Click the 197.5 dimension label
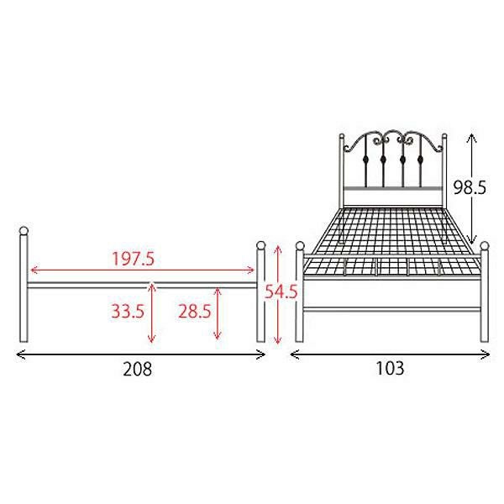point(133,259)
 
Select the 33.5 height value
point(128,311)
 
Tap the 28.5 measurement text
point(195,311)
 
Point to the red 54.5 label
point(281,291)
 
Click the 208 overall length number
point(137,369)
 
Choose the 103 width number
point(390,369)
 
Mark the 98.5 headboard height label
point(470,187)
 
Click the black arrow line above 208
point(141,354)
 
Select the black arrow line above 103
point(390,354)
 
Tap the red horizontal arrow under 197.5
point(143,270)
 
